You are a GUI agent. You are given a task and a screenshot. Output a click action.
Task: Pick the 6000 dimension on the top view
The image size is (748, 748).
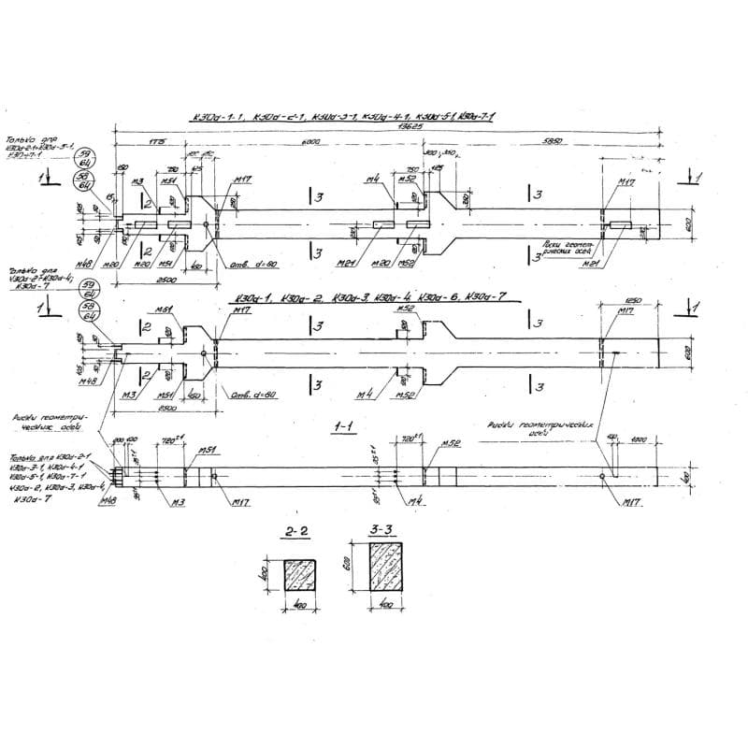311,142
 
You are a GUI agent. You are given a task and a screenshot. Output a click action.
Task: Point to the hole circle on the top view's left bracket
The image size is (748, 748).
205,224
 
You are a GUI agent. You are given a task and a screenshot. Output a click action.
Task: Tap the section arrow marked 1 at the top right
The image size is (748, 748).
690,175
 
